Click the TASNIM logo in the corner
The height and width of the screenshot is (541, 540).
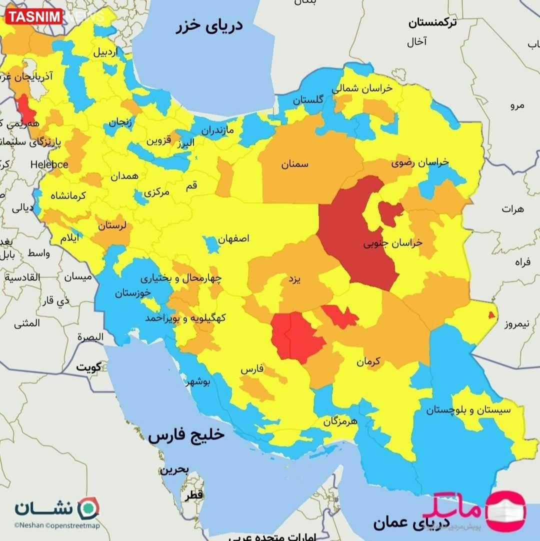(x=34, y=17)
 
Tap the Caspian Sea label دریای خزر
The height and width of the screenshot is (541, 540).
(x=209, y=26)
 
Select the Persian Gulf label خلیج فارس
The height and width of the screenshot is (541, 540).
(x=186, y=435)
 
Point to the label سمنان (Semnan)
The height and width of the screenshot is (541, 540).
(x=294, y=164)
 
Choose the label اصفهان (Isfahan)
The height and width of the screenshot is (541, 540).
(x=233, y=238)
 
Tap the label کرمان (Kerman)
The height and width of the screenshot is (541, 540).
(x=368, y=360)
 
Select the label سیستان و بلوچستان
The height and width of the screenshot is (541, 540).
(x=468, y=410)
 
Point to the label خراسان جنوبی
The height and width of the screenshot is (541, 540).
(x=392, y=243)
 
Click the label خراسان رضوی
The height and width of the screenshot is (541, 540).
(x=420, y=162)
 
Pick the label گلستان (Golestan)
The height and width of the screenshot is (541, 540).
(x=307, y=99)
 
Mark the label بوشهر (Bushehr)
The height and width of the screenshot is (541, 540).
(x=198, y=382)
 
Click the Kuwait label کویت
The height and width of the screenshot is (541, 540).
(x=88, y=367)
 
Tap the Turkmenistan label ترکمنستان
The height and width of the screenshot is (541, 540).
(x=435, y=22)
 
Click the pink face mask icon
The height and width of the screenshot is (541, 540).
(x=506, y=510)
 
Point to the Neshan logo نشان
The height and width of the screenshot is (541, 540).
(x=56, y=508)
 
